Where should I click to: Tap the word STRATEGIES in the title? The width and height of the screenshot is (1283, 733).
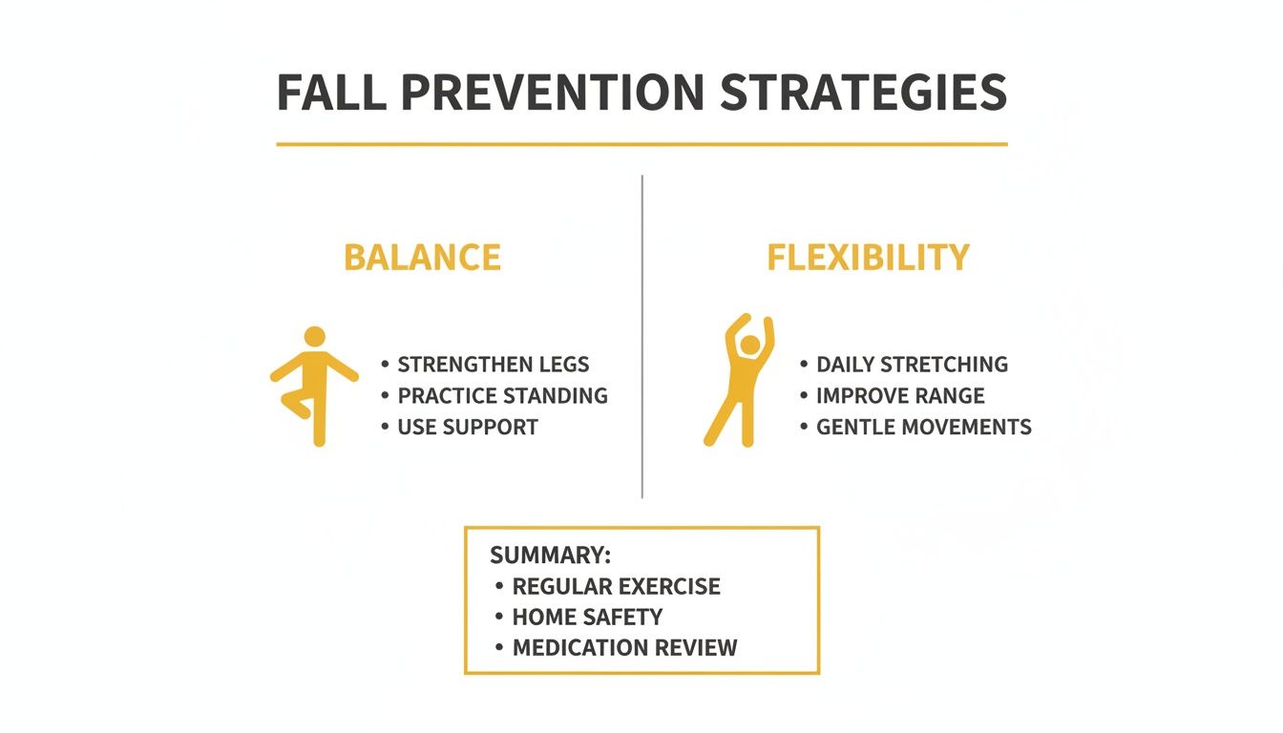[x=863, y=93]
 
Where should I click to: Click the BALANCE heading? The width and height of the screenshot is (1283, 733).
[x=422, y=258]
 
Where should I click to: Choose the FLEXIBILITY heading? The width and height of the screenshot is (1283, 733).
[x=868, y=258]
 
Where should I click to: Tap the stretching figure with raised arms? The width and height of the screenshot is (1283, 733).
[x=741, y=382]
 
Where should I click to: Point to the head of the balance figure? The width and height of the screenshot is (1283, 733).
[x=314, y=337]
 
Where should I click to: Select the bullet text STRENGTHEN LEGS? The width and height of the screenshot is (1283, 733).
[x=493, y=365]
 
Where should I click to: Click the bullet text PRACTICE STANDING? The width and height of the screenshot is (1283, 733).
[x=502, y=396]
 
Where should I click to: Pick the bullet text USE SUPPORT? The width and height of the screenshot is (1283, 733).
[x=468, y=427]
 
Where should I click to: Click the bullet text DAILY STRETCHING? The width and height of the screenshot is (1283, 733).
[x=912, y=365]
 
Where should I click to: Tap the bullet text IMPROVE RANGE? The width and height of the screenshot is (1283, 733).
[x=900, y=396]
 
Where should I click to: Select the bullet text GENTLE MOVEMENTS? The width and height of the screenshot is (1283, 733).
[x=923, y=427]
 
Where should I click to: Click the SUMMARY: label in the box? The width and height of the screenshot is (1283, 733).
[x=550, y=555]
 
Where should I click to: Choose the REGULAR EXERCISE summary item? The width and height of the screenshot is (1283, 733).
[x=616, y=586]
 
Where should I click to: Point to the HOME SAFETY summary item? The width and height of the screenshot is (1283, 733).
[x=587, y=617]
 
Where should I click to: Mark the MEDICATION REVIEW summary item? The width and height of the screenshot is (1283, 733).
[x=624, y=648]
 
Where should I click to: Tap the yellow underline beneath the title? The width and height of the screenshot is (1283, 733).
[x=641, y=144]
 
